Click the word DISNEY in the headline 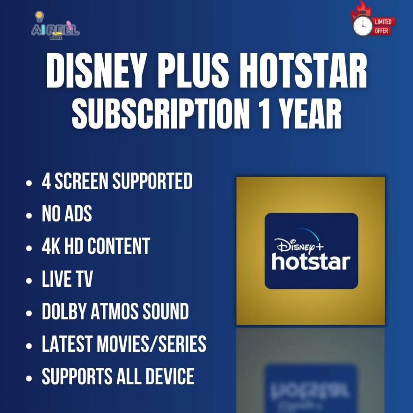click(96, 71)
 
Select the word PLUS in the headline click(192, 71)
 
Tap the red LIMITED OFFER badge click(383, 26)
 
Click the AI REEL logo click(55, 30)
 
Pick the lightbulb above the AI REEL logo click(39, 16)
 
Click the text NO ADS click(67, 214)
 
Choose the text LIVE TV click(67, 279)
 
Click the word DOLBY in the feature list click(65, 311)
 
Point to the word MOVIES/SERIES click(152, 344)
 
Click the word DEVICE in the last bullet click(170, 376)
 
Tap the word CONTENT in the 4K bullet click(119, 246)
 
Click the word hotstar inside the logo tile click(311, 262)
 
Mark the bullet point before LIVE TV click(29, 281)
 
